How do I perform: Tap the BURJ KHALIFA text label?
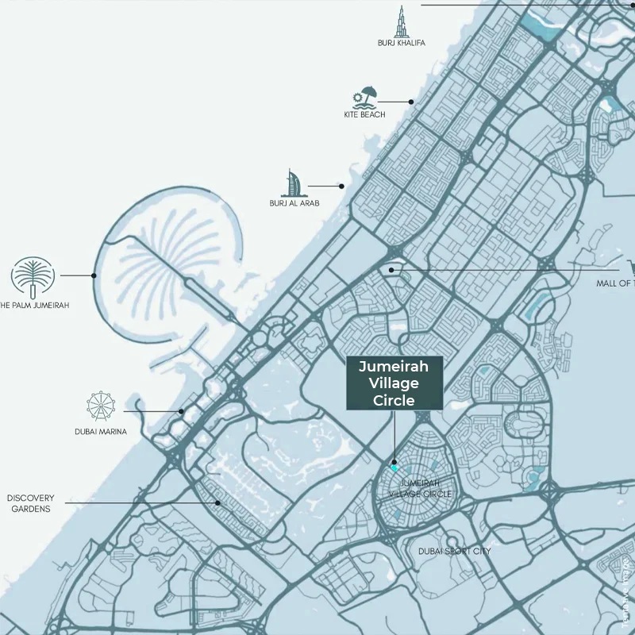tap(402, 43)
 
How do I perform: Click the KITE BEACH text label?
tap(364, 115)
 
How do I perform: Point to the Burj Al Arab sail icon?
tap(294, 183)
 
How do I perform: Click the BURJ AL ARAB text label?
tap(294, 203)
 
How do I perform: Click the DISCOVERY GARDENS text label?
tap(30, 503)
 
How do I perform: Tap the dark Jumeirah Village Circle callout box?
tap(394, 383)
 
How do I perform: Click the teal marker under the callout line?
tap(394, 468)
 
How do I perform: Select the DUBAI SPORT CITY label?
tap(455, 551)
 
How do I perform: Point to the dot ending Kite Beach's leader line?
tap(412, 102)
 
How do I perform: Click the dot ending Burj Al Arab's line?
tap(341, 187)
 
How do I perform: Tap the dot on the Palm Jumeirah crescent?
tap(94, 275)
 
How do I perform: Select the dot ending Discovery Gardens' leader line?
tap(217, 502)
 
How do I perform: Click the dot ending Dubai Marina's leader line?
tap(181, 411)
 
